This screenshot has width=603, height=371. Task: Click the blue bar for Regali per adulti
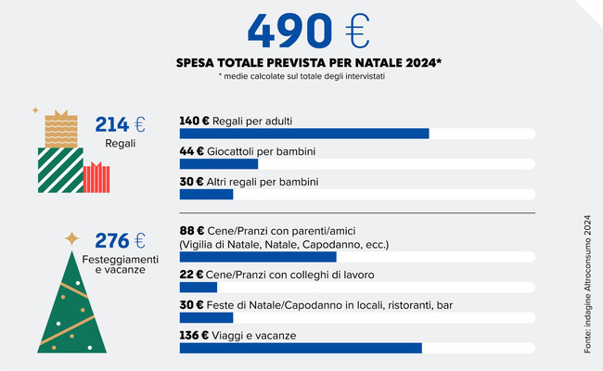click(x=304, y=134)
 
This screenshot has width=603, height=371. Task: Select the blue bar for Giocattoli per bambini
click(x=218, y=164)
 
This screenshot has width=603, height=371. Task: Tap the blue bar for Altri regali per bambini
click(x=206, y=194)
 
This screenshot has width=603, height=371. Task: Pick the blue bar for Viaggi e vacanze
click(x=301, y=348)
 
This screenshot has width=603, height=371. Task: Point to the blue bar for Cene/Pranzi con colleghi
click(x=198, y=288)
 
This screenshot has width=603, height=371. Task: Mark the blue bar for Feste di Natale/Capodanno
click(x=206, y=317)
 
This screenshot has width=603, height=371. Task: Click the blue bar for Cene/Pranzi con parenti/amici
click(x=258, y=257)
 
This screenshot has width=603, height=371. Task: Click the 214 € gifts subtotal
click(x=121, y=125)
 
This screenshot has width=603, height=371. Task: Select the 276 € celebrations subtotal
click(x=121, y=241)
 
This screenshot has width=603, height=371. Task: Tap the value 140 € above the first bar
click(x=194, y=121)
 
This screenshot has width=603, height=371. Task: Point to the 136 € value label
click(x=194, y=335)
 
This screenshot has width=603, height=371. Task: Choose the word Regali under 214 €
click(x=121, y=144)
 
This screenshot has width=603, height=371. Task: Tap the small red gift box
click(x=96, y=177)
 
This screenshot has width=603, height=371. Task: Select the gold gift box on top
click(x=61, y=130)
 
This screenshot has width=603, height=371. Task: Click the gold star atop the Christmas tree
click(x=71, y=238)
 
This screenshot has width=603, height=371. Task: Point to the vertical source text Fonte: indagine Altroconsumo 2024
click(x=587, y=283)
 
